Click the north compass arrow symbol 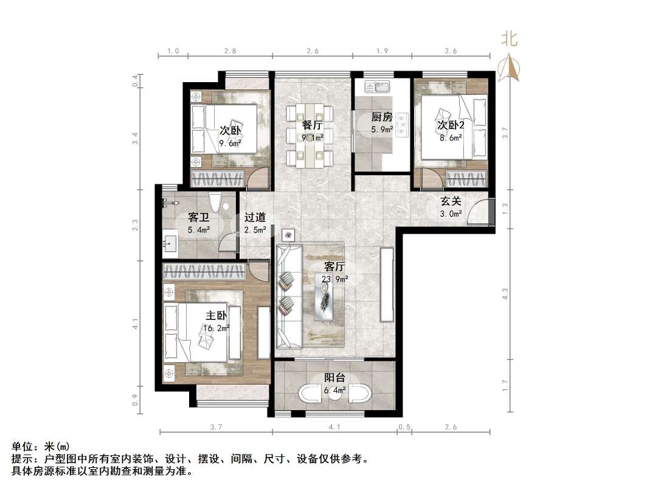(509, 66)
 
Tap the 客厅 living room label (334, 267)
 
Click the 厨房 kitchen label (382, 117)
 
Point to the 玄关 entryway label (451, 201)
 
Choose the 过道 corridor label (254, 217)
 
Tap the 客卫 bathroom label (199, 217)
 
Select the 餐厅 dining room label (312, 125)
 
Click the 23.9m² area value (335, 279)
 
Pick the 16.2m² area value (216, 329)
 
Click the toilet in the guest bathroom (214, 202)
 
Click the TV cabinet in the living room (386, 284)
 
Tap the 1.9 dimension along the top (382, 51)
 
